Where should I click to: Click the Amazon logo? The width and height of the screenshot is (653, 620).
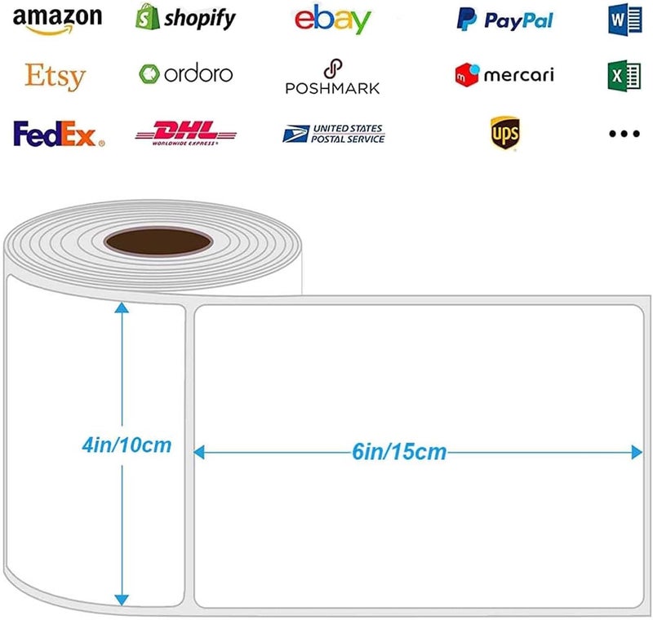tap(57, 20)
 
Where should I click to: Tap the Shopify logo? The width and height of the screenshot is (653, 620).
tap(185, 17)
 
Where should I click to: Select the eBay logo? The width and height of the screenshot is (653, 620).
tap(333, 19)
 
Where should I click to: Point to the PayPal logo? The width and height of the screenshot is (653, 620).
tap(504, 20)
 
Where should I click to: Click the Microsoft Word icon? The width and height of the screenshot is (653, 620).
tap(624, 20)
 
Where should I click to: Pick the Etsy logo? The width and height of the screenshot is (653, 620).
tap(56, 77)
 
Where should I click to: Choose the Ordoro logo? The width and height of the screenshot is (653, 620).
tap(186, 74)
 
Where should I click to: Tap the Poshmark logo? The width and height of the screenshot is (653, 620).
tap(332, 77)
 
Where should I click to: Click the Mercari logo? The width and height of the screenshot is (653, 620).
tap(504, 75)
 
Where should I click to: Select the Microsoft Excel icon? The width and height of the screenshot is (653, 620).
tap(624, 76)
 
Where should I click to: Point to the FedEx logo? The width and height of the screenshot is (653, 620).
tap(59, 134)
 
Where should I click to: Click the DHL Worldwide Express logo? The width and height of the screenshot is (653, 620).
tap(186, 133)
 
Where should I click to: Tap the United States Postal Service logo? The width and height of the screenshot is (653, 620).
tap(334, 134)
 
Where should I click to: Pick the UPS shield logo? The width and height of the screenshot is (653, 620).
tap(504, 133)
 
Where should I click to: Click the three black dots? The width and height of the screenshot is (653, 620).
tap(624, 134)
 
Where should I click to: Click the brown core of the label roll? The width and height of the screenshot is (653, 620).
tap(158, 241)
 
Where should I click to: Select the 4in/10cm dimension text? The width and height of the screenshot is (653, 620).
tap(127, 445)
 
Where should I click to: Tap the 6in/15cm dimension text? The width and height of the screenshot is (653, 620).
tap(399, 452)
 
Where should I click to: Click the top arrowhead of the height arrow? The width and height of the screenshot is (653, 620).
tap(122, 308)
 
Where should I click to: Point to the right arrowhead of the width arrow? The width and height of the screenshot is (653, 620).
tap(637, 452)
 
